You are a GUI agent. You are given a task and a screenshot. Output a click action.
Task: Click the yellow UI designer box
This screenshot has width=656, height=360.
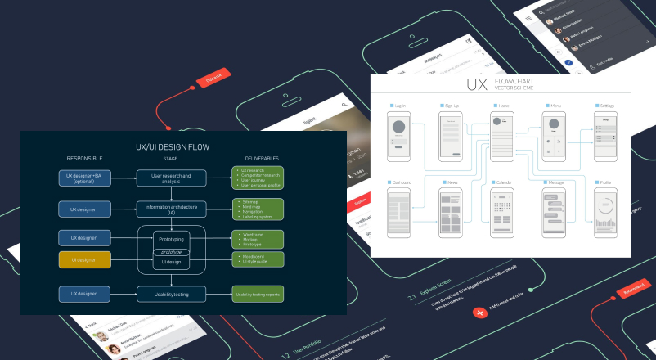tap(84, 261)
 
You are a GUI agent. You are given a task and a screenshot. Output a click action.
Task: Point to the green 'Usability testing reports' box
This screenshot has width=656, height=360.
tap(258, 293)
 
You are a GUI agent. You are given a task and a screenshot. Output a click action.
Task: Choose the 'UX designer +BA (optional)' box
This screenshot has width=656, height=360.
tap(84, 177)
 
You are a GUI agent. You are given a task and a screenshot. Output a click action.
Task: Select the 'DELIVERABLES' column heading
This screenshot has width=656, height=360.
tap(258, 158)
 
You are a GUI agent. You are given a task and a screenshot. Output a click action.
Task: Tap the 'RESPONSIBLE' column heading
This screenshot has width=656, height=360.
tap(84, 158)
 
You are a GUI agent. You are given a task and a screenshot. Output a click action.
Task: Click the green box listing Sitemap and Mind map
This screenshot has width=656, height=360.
tap(258, 208)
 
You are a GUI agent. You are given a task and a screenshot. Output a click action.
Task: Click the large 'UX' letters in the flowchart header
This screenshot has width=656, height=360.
tap(477, 84)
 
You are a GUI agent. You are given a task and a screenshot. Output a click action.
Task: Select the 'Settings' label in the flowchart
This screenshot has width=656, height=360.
tap(608, 106)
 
